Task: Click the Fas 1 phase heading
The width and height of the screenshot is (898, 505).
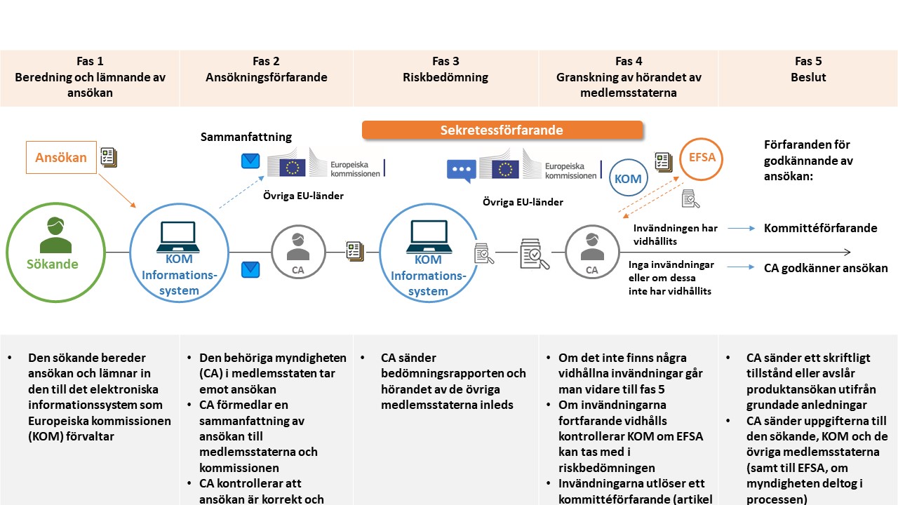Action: (90, 77)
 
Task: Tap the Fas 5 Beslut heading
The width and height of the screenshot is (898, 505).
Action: (808, 69)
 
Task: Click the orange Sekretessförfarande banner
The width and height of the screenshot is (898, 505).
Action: (502, 130)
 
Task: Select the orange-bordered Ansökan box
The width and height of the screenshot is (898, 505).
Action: (61, 157)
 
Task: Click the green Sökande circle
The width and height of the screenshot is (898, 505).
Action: (53, 252)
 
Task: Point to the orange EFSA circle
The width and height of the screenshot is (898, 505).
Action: (702, 159)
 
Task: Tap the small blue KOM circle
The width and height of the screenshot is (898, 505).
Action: (628, 179)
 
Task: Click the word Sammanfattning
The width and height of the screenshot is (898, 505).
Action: (246, 137)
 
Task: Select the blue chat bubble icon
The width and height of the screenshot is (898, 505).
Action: (462, 170)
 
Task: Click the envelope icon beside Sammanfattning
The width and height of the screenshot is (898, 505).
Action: (250, 162)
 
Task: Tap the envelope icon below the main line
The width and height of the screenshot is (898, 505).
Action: (250, 269)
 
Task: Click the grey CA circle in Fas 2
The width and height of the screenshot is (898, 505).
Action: (299, 252)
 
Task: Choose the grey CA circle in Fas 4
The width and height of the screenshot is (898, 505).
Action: (592, 252)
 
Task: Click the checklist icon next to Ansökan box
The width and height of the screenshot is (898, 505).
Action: (108, 156)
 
